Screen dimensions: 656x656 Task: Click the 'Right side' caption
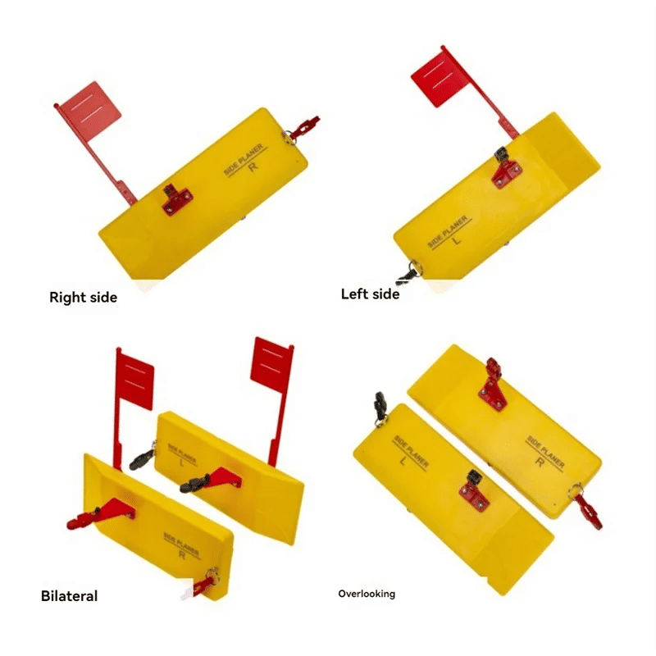(83, 297)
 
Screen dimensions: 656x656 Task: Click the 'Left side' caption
(370, 294)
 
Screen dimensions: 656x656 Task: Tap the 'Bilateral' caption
(69, 596)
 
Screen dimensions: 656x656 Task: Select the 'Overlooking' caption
(367, 593)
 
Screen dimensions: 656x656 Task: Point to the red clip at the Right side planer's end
(303, 126)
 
